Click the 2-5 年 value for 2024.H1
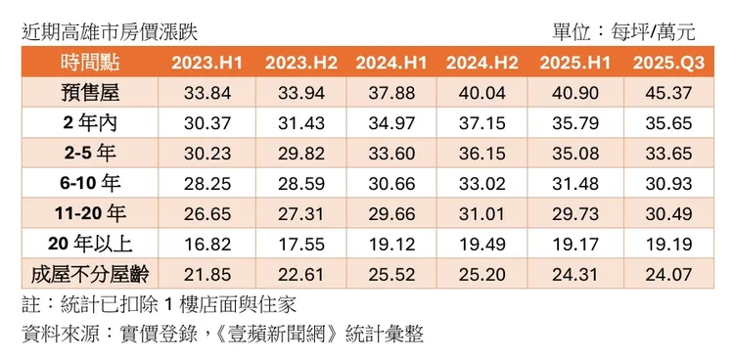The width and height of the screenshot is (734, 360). click(x=390, y=154)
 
